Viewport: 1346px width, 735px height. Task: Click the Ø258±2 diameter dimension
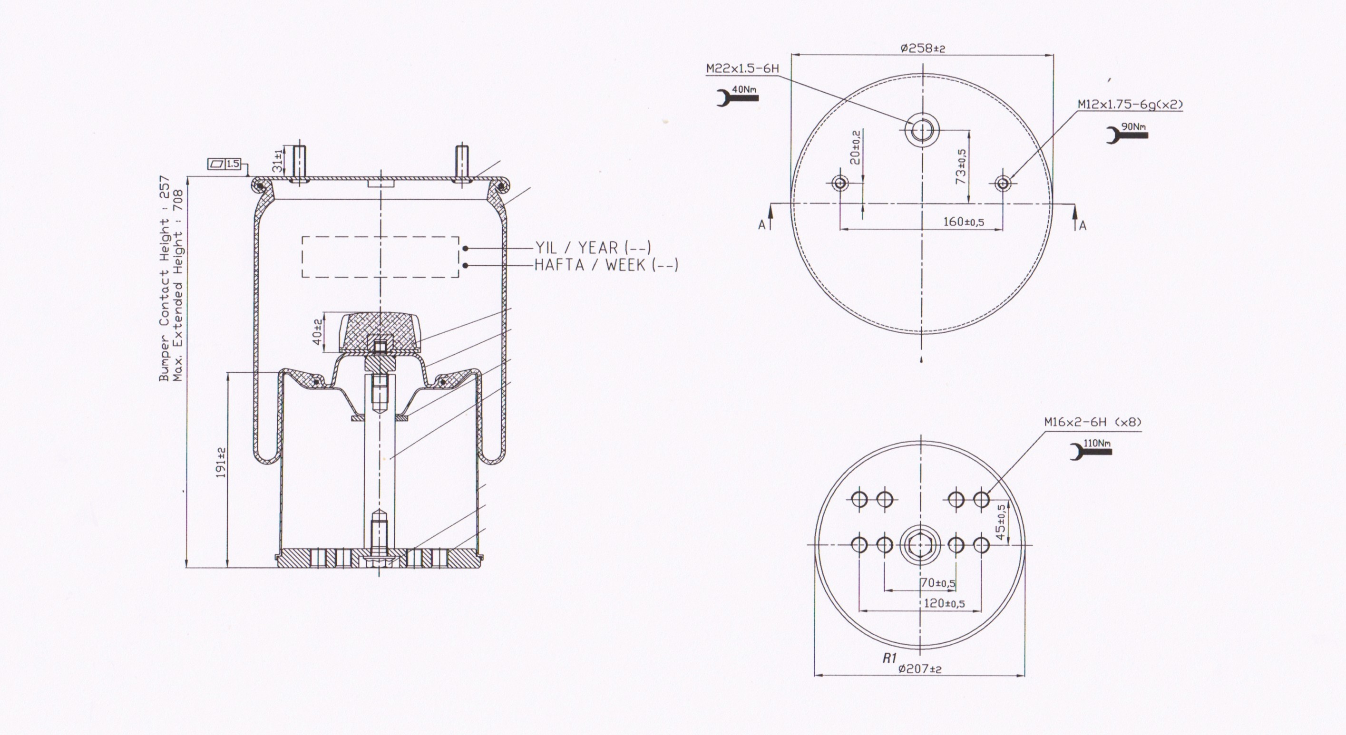click(x=923, y=48)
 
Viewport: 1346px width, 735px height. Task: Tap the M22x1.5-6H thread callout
click(x=742, y=68)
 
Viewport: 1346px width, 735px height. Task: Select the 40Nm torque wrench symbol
click(x=737, y=96)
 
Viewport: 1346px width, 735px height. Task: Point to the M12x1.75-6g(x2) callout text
click(x=1130, y=105)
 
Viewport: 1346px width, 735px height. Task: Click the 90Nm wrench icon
click(x=1128, y=133)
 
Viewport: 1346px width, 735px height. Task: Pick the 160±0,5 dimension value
click(x=964, y=222)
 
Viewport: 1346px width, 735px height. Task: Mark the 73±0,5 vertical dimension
click(x=961, y=166)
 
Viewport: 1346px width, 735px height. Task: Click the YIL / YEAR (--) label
click(x=593, y=247)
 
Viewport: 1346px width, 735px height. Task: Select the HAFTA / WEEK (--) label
click(x=606, y=265)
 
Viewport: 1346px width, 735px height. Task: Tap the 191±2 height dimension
click(x=221, y=462)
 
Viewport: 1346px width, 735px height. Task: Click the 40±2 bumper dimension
click(x=317, y=331)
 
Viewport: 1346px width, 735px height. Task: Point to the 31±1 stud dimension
click(x=277, y=159)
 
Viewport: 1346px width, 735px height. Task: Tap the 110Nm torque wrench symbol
click(x=1091, y=450)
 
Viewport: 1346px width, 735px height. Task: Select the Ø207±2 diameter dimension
click(x=920, y=668)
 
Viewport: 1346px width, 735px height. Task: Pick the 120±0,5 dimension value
click(x=944, y=603)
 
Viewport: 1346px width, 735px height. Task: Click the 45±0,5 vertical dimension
click(x=1000, y=522)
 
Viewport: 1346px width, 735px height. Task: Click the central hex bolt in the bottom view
click(x=920, y=545)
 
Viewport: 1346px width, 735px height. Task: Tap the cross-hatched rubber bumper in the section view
click(x=380, y=332)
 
